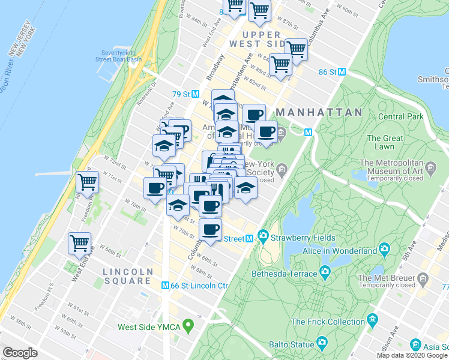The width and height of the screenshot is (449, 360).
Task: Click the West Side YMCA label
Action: tap(149, 327)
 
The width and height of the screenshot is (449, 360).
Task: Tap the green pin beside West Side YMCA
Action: tap(188, 327)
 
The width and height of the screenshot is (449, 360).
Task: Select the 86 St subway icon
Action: tap(342, 71)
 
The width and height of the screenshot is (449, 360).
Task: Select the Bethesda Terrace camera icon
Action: tap(325, 274)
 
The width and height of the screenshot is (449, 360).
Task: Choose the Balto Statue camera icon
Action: tap(322, 344)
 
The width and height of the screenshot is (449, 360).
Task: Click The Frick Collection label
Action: tap(329, 322)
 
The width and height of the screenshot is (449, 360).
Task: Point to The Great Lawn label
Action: tap(381, 142)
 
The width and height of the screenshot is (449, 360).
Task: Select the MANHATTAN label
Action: tap(319, 112)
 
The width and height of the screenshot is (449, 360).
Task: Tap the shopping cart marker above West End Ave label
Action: tap(79, 243)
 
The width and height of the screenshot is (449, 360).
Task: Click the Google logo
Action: tap(20, 353)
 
